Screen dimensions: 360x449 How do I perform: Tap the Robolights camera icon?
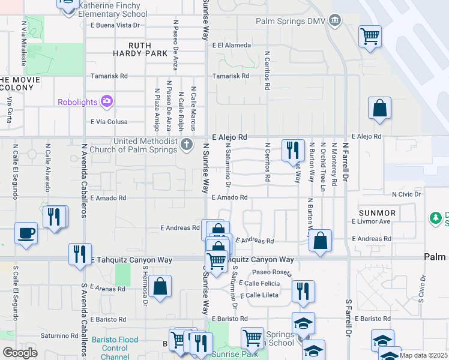107,101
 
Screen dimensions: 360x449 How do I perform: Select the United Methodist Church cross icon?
187,144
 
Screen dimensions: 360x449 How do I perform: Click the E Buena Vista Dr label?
115,25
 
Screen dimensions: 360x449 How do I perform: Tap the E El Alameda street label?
231,45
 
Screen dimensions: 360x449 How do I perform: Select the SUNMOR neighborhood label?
377,213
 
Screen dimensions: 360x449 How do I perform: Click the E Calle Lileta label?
259,295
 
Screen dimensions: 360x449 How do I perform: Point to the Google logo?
20,353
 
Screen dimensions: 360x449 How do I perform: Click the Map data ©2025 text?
423,355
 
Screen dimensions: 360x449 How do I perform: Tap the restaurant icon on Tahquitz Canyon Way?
80,253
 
